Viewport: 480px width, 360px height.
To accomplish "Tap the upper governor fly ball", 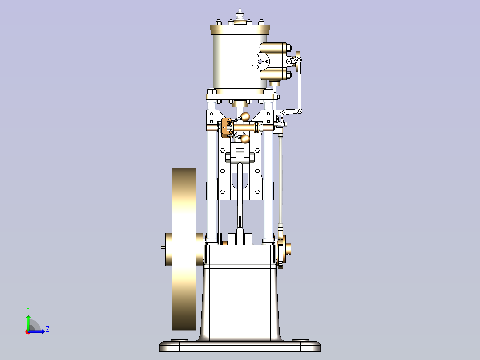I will point(245,117).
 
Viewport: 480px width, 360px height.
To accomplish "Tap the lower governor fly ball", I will point(245,139).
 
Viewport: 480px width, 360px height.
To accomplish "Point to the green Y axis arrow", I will point(28,320).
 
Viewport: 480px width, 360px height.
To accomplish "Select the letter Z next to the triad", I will point(47,329).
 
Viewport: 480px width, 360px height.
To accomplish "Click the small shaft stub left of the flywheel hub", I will point(163,246).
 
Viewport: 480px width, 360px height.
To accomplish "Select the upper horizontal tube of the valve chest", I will point(276,48).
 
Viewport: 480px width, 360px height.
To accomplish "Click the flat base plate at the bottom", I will point(240,346).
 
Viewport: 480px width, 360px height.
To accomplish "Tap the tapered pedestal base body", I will point(240,303).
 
